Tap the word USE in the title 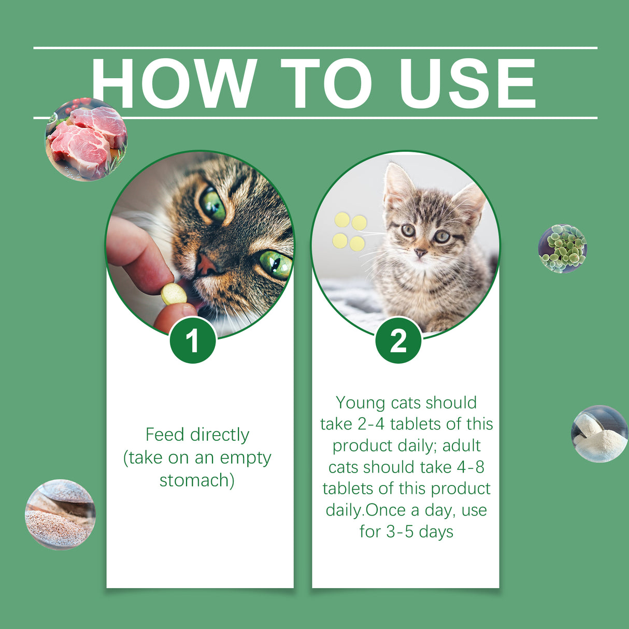point(468,83)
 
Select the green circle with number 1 point(192,340)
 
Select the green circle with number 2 point(398,340)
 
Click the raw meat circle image point(87,139)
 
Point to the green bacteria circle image point(563,249)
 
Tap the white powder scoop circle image point(599,434)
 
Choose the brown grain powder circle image point(60,514)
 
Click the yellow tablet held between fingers point(174,294)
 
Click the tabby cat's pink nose point(206,265)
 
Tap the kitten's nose point(421,253)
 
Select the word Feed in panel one point(165,435)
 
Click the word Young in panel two point(361,403)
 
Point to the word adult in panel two point(461,446)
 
